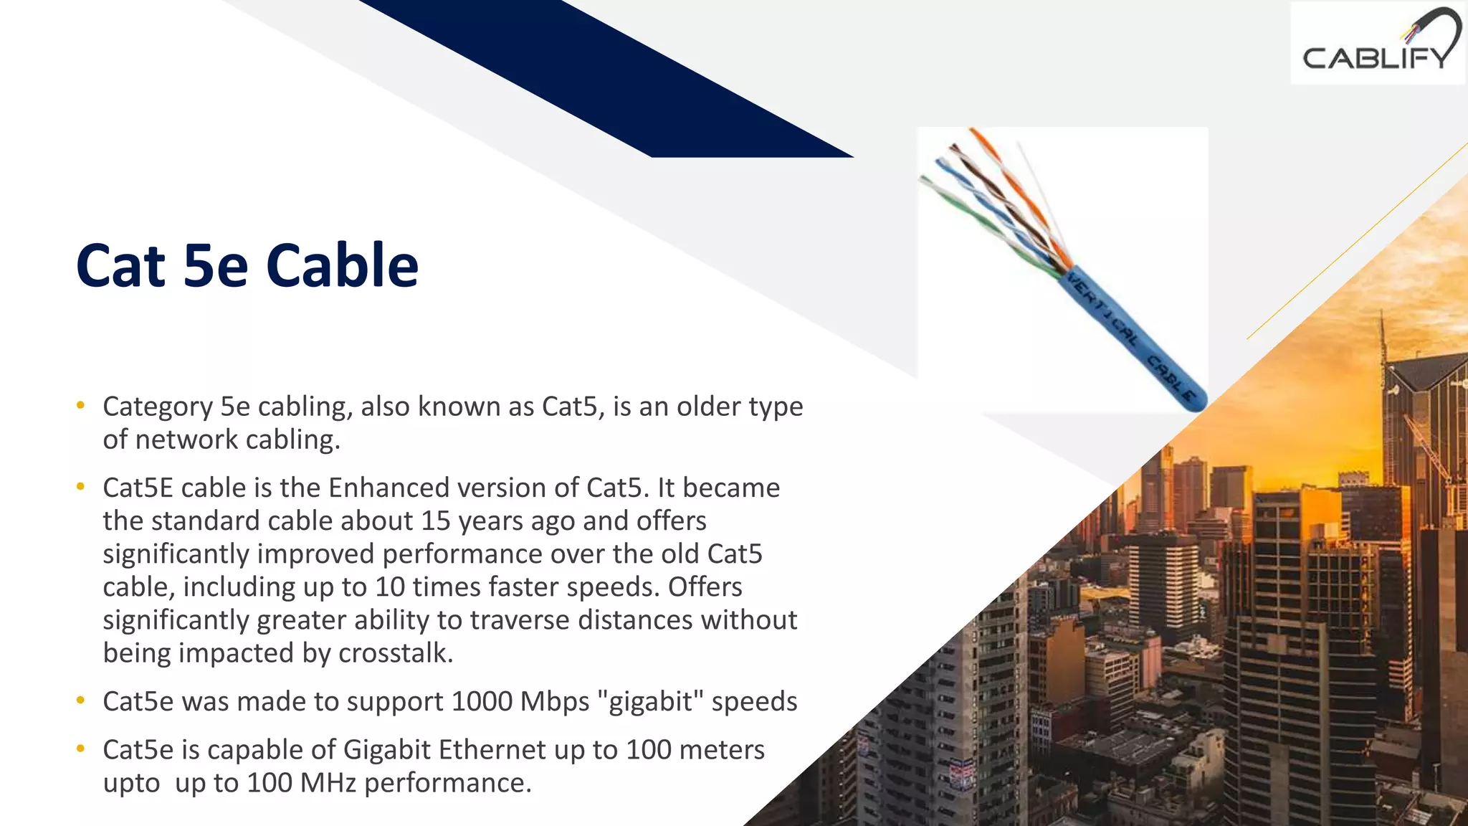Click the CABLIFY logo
click(x=1378, y=44)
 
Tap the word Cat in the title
click(x=120, y=267)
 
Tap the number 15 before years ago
click(x=435, y=521)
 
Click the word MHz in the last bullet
click(x=328, y=783)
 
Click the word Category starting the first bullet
click(x=158, y=407)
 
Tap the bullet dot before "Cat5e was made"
click(x=81, y=700)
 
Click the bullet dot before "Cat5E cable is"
click(x=81, y=487)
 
